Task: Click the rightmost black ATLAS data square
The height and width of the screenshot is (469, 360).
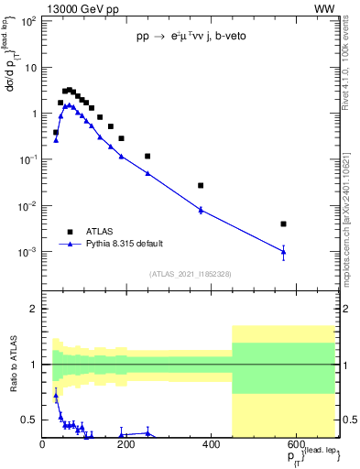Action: tap(284, 224)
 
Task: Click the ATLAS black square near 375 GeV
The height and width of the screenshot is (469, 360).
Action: tap(201, 185)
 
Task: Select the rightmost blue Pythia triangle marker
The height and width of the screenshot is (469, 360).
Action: tap(284, 251)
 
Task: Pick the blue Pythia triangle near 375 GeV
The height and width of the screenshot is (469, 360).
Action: tap(201, 210)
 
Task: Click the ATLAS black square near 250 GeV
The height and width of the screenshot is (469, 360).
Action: tap(147, 157)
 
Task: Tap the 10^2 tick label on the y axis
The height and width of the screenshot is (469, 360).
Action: tap(28, 22)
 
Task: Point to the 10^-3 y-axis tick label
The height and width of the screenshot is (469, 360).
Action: tap(28, 252)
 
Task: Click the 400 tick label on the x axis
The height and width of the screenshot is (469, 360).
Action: tap(211, 444)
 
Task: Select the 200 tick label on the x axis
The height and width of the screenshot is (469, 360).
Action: tap(126, 444)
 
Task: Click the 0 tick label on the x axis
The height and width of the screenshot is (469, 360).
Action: tap(43, 444)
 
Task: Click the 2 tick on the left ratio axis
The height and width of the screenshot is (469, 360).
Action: tap(33, 309)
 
